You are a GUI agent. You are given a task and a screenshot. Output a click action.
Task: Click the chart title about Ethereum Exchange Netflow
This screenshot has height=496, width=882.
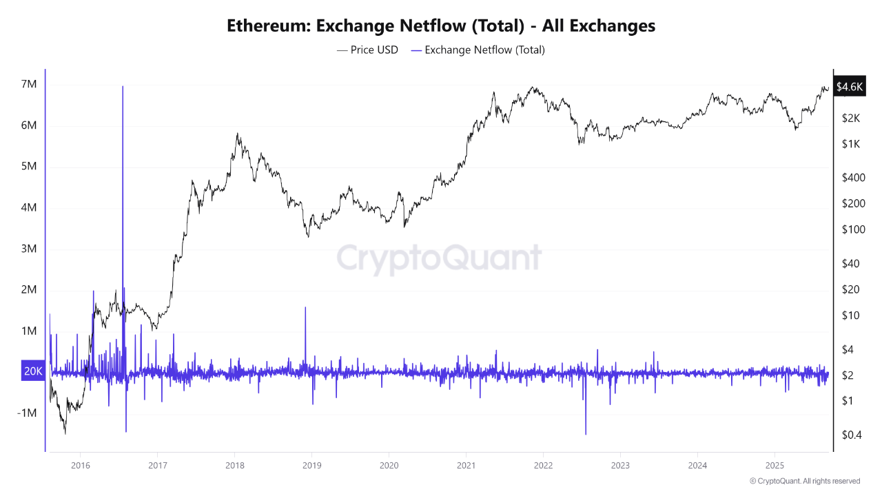441,26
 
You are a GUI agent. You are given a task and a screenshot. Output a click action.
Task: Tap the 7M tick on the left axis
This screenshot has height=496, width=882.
29,84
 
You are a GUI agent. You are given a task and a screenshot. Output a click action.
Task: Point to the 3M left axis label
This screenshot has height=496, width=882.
29,249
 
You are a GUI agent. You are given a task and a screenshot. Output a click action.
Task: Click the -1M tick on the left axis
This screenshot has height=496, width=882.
28,413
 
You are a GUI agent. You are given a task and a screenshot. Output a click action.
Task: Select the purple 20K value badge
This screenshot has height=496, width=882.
33,371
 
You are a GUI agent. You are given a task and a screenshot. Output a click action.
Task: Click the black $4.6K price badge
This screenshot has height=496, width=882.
848,87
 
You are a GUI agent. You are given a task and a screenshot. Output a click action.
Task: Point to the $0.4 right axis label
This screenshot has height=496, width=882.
852,434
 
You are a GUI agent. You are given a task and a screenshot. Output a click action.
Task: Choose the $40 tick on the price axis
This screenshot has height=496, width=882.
850,263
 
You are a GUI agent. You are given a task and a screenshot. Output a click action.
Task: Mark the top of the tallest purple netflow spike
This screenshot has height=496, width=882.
123,87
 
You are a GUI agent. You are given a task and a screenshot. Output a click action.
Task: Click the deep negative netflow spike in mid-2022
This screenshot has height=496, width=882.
586,433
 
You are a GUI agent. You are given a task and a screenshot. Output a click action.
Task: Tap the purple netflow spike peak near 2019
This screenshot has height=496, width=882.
305,308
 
